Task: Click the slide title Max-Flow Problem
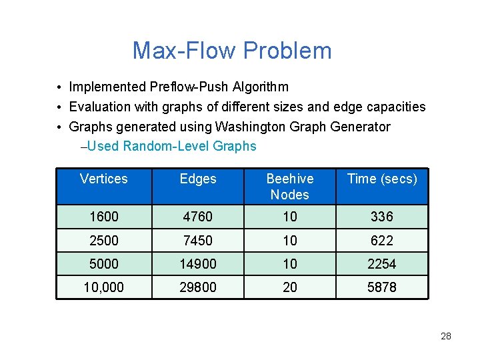[231, 51]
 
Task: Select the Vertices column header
[103, 179]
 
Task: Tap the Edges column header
[198, 179]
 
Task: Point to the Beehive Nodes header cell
[289, 187]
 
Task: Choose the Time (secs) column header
[382, 179]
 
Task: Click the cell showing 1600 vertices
[103, 217]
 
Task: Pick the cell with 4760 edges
[198, 217]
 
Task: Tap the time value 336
[382, 217]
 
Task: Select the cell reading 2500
[103, 240]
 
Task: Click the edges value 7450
[198, 240]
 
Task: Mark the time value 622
[382, 240]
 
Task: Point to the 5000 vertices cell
[103, 264]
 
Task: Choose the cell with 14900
[198, 264]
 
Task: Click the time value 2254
[382, 264]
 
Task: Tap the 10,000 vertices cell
[103, 287]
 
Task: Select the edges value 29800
[198, 287]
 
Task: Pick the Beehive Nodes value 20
[289, 287]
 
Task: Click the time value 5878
[382, 287]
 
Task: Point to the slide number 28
[446, 336]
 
